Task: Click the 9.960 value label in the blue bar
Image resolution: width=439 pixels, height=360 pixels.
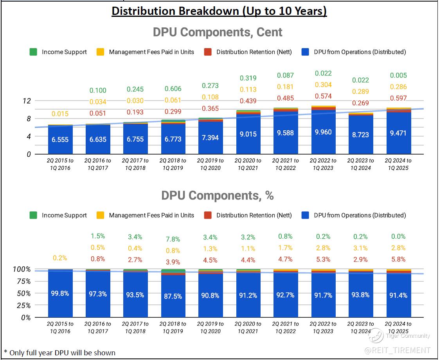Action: pyautogui.click(x=323, y=132)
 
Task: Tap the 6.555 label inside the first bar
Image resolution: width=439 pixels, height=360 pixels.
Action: pyautogui.click(x=60, y=139)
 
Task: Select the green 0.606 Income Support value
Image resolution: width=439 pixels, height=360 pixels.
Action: pyautogui.click(x=173, y=89)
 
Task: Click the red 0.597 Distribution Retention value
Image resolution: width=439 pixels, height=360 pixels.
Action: pyautogui.click(x=398, y=98)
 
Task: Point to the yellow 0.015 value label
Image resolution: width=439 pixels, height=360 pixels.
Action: pyautogui.click(x=60, y=114)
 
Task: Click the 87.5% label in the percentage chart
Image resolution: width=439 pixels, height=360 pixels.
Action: pyautogui.click(x=173, y=296)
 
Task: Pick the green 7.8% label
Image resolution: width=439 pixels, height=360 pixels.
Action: pyautogui.click(x=173, y=239)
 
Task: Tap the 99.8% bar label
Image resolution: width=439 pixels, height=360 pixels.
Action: pyautogui.click(x=60, y=293)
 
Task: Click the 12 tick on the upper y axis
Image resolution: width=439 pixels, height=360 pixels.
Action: pyautogui.click(x=27, y=101)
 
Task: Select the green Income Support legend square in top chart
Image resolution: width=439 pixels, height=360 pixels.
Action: pyautogui.click(x=34, y=52)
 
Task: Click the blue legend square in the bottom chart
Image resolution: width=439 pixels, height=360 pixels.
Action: pyautogui.click(x=306, y=215)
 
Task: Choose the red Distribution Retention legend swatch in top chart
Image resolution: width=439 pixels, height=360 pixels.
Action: pyautogui.click(x=208, y=52)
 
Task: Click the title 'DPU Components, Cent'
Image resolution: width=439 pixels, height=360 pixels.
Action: pyautogui.click(x=218, y=32)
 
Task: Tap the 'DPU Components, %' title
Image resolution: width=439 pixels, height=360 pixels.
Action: pyautogui.click(x=218, y=195)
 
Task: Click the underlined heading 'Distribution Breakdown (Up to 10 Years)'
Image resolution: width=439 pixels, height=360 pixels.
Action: pyautogui.click(x=219, y=11)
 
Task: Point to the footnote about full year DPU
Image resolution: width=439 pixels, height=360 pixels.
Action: pyautogui.click(x=59, y=353)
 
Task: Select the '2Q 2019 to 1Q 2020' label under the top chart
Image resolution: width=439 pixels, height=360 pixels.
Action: pyautogui.click(x=211, y=164)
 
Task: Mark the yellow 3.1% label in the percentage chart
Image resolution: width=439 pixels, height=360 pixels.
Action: pyautogui.click(x=361, y=248)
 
